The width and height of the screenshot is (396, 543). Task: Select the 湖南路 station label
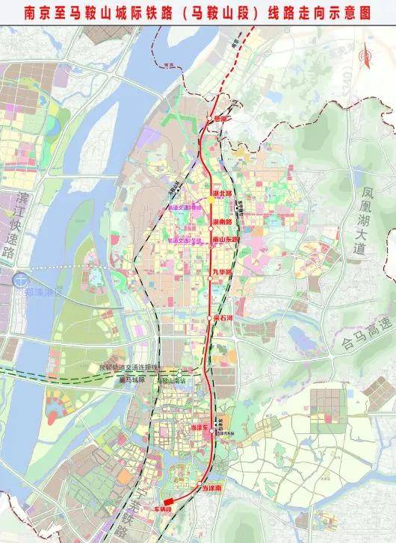coord(222,222)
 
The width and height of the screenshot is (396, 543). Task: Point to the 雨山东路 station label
coord(225,239)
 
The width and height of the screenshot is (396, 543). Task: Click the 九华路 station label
coord(222,273)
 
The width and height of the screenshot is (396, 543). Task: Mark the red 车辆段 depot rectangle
coord(170,501)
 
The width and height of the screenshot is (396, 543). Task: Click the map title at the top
coord(197,12)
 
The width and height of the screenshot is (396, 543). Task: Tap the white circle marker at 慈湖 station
coord(207,120)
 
